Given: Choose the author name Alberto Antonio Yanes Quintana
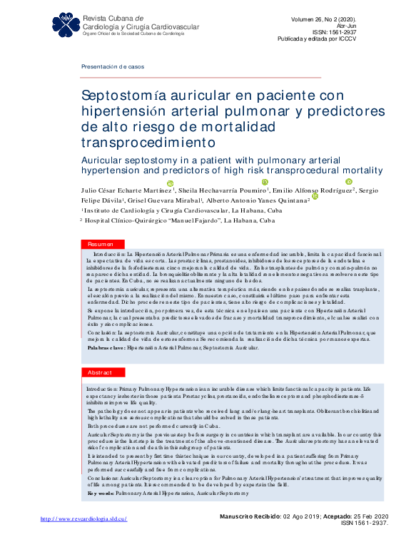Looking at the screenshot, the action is [255, 201].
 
